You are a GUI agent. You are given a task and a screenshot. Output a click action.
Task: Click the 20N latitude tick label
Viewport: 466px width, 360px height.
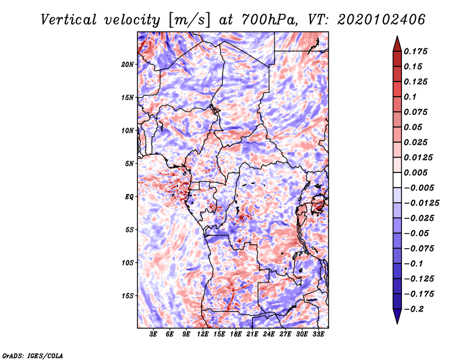[128, 64]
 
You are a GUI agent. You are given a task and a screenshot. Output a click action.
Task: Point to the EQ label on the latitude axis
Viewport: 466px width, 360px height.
[130, 196]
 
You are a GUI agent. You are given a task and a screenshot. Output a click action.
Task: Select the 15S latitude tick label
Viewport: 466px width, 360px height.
[128, 295]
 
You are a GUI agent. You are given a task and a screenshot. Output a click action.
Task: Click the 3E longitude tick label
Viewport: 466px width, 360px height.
[153, 335]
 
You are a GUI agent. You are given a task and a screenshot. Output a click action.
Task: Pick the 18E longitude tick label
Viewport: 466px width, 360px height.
[236, 335]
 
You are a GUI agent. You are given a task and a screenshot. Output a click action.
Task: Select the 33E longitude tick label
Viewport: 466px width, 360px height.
[319, 335]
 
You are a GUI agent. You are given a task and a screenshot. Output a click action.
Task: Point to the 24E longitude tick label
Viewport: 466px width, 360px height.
[269, 335]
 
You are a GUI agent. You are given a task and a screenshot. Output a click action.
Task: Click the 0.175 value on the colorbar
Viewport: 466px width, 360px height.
[417, 51]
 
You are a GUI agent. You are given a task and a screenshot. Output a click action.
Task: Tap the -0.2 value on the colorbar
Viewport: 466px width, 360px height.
[415, 309]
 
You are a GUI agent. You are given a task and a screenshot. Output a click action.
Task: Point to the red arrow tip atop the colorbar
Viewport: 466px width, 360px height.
[397, 40]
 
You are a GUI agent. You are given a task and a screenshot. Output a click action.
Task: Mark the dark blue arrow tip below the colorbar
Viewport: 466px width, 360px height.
[397, 319]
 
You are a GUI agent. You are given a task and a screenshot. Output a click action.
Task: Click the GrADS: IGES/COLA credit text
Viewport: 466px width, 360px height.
[32, 355]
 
